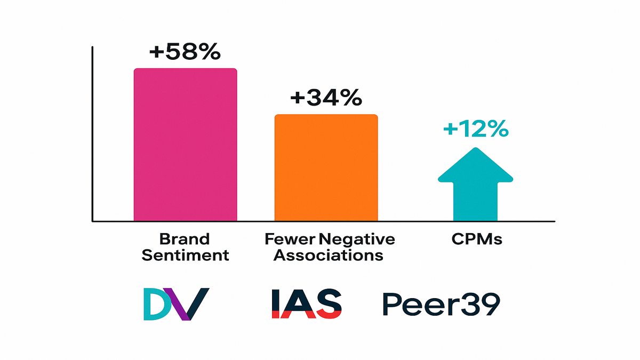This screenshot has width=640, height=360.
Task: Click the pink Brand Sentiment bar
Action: click(185, 145)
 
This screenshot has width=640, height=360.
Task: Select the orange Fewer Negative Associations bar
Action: click(326, 167)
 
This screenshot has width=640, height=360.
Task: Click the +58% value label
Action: click(185, 53)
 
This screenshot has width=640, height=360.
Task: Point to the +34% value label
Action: click(326, 98)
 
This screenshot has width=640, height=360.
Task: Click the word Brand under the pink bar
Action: click(185, 238)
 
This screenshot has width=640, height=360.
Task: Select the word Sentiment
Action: click(185, 255)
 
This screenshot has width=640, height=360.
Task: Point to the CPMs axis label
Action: click(475, 239)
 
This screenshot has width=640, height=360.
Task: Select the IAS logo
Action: click(306, 304)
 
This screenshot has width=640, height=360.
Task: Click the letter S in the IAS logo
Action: click(327, 304)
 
